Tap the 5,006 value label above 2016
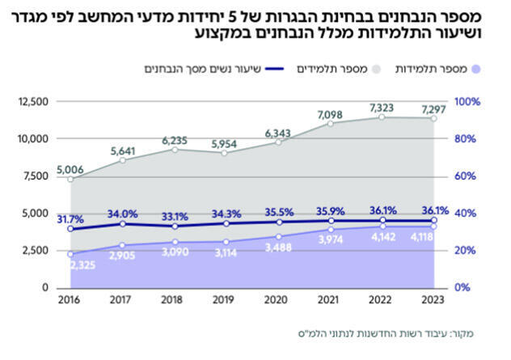coord(70,170)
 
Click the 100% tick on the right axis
coord(467,102)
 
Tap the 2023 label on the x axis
coord(433,300)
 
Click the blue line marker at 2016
coord(70,229)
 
